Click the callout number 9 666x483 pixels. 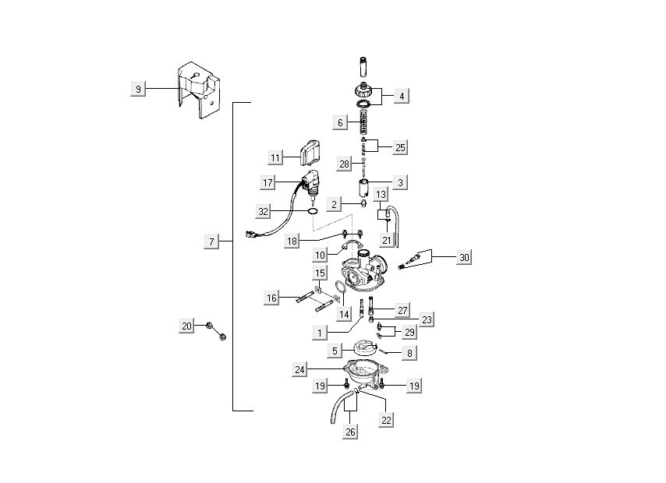[138, 90]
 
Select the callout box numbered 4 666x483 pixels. [401, 96]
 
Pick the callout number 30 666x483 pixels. [464, 256]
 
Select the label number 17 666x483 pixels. [267, 182]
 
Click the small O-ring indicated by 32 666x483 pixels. [311, 211]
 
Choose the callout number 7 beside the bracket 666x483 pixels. [211, 242]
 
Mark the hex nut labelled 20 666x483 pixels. [220, 337]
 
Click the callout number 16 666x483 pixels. [271, 298]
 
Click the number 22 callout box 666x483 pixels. [387, 419]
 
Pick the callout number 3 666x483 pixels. [401, 182]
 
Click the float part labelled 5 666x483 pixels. [360, 348]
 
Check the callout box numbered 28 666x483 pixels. [344, 164]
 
